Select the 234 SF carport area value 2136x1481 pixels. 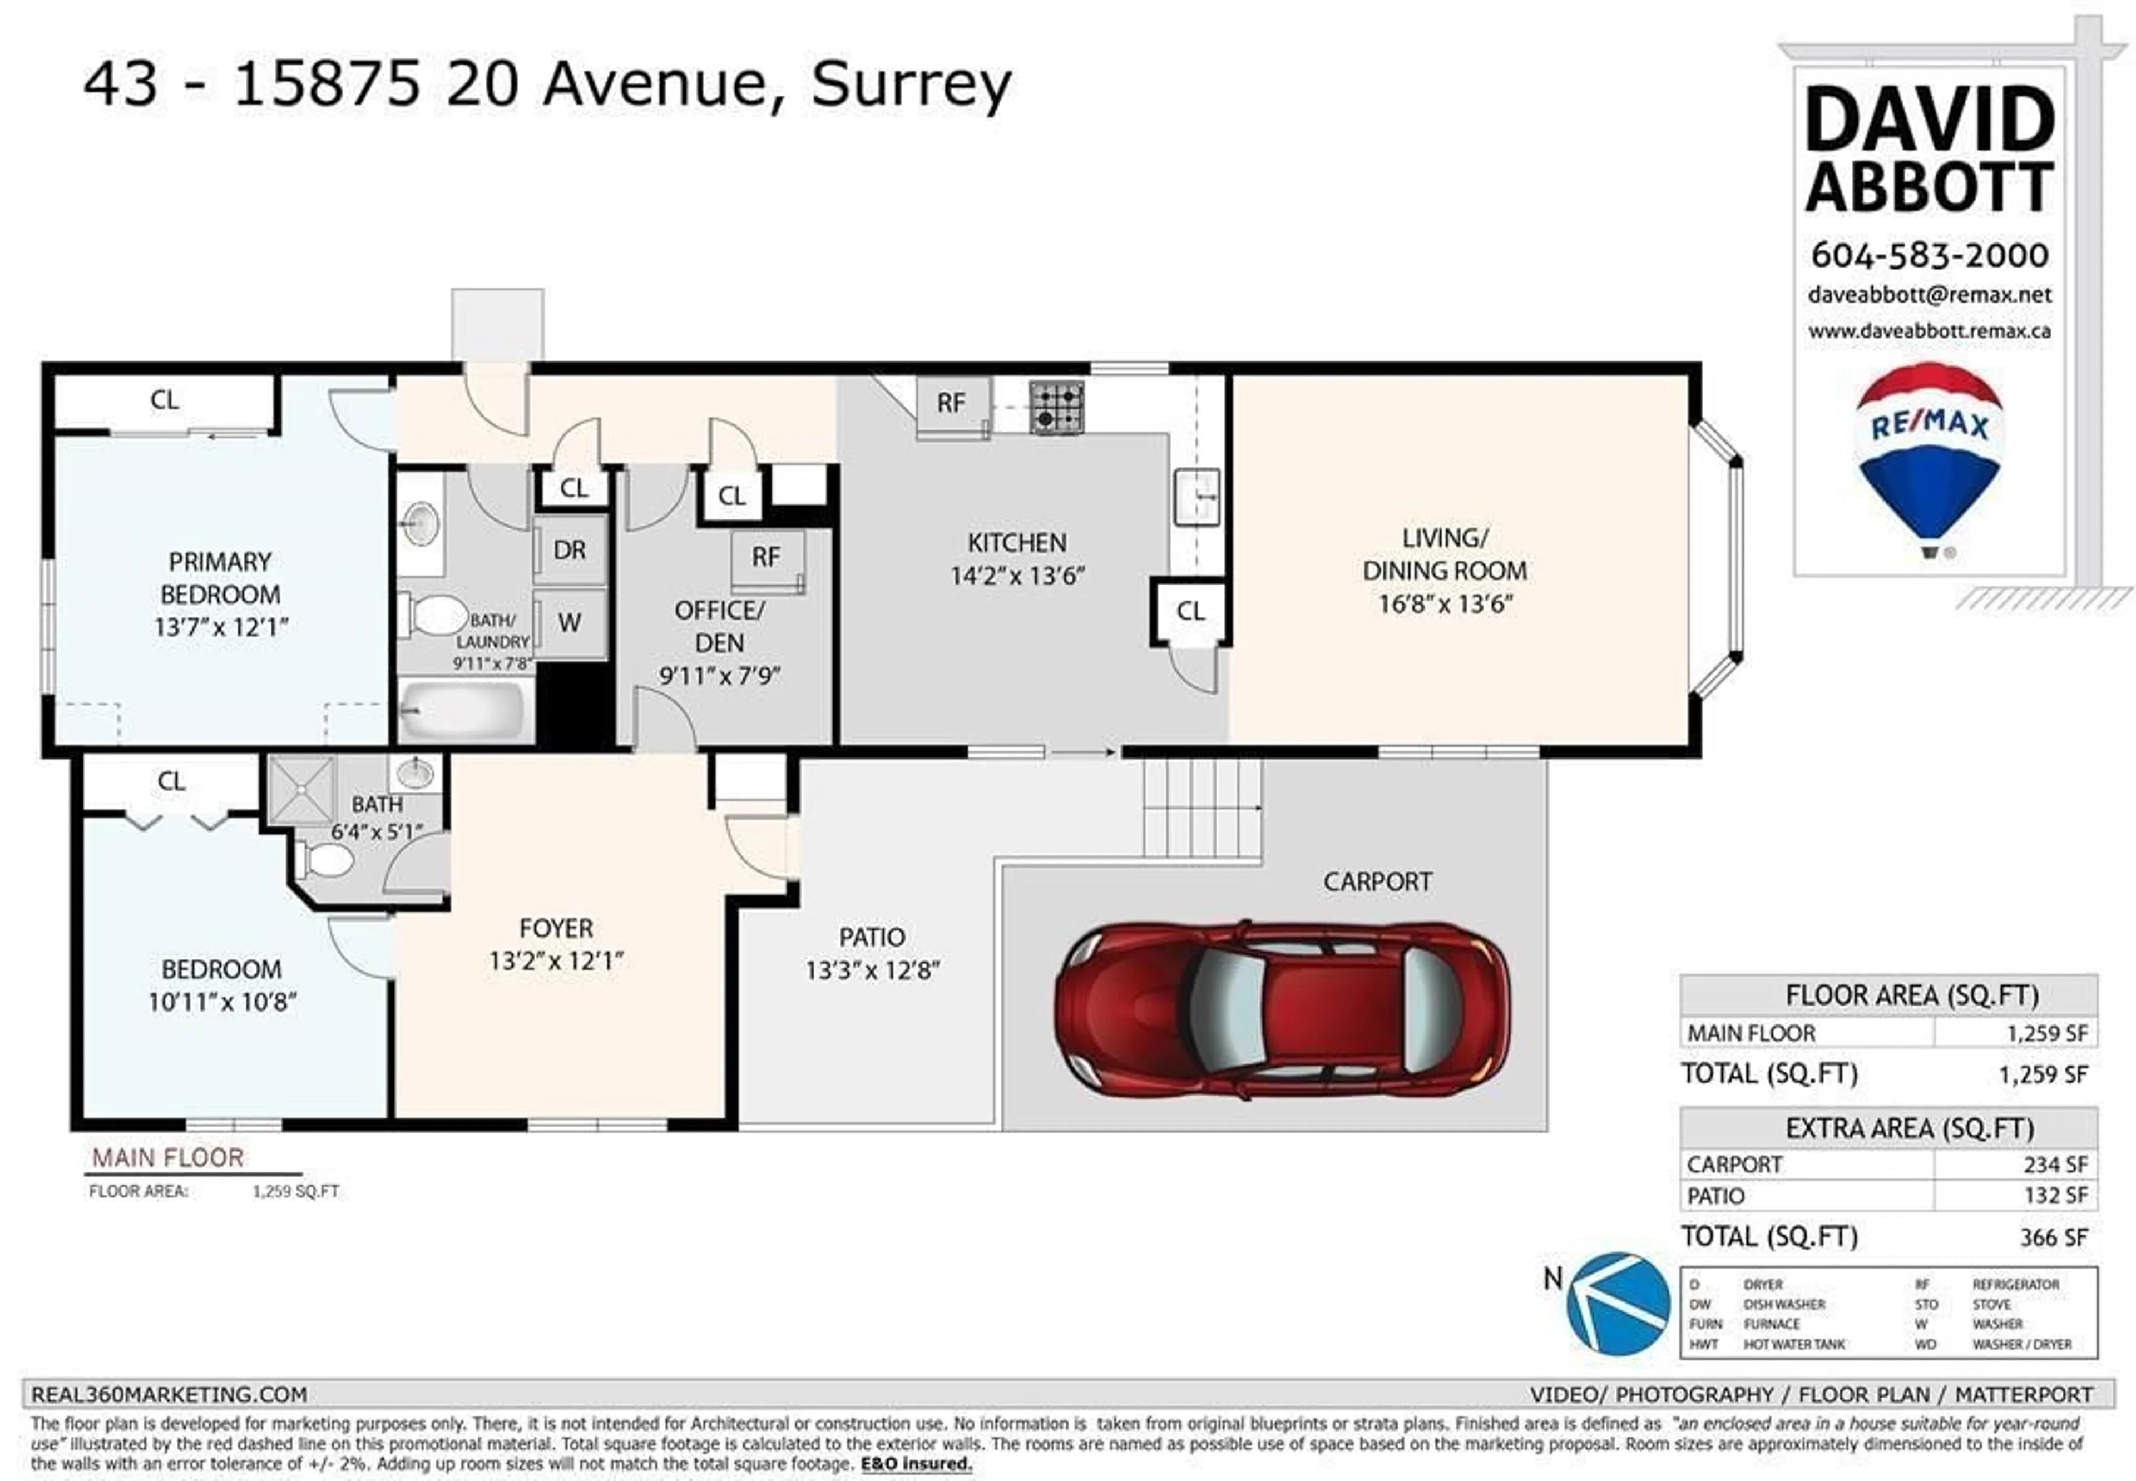pyautogui.click(x=2055, y=1165)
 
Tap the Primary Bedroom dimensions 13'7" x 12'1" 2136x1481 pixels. pyautogui.click(x=221, y=627)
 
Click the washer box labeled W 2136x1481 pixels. pyautogui.click(x=570, y=623)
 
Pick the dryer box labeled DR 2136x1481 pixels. pyautogui.click(x=570, y=550)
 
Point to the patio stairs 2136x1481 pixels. pyautogui.click(x=1201, y=808)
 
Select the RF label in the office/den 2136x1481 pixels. pyautogui.click(x=765, y=557)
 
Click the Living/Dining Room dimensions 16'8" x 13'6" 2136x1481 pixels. pyautogui.click(x=1445, y=604)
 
